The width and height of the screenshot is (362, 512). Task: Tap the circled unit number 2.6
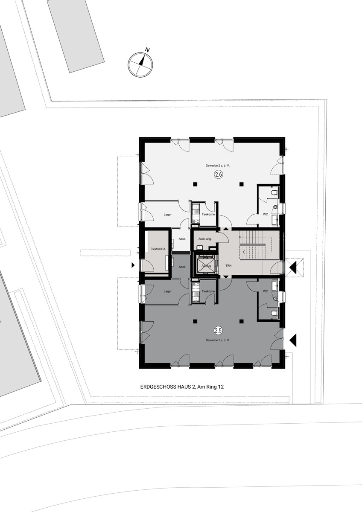coord(218,175)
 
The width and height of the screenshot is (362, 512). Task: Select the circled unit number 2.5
coord(218,330)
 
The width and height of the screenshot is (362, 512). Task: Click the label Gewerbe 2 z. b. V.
coord(217,166)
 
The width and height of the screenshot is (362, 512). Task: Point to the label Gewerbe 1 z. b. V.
coord(217,340)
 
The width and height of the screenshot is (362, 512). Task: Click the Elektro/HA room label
coord(158,249)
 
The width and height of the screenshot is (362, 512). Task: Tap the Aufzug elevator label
coord(206,266)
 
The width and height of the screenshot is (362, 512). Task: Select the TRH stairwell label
coord(228,266)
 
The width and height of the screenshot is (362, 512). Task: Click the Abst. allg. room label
coord(205,239)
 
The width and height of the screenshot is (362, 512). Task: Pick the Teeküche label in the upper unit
coord(208,214)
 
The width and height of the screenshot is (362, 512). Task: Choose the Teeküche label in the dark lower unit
coord(208,291)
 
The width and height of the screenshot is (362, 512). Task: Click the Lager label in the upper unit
coord(168,215)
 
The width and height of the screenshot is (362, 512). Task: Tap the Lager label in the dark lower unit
coord(168,291)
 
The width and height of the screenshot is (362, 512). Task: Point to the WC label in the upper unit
coord(265,214)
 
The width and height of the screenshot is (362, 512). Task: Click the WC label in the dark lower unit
coord(265,291)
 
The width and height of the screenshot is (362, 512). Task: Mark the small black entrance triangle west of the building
coord(133,265)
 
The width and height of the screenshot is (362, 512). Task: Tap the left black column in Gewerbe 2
coord(195,184)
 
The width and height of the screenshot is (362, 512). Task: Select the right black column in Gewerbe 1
coord(241,321)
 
